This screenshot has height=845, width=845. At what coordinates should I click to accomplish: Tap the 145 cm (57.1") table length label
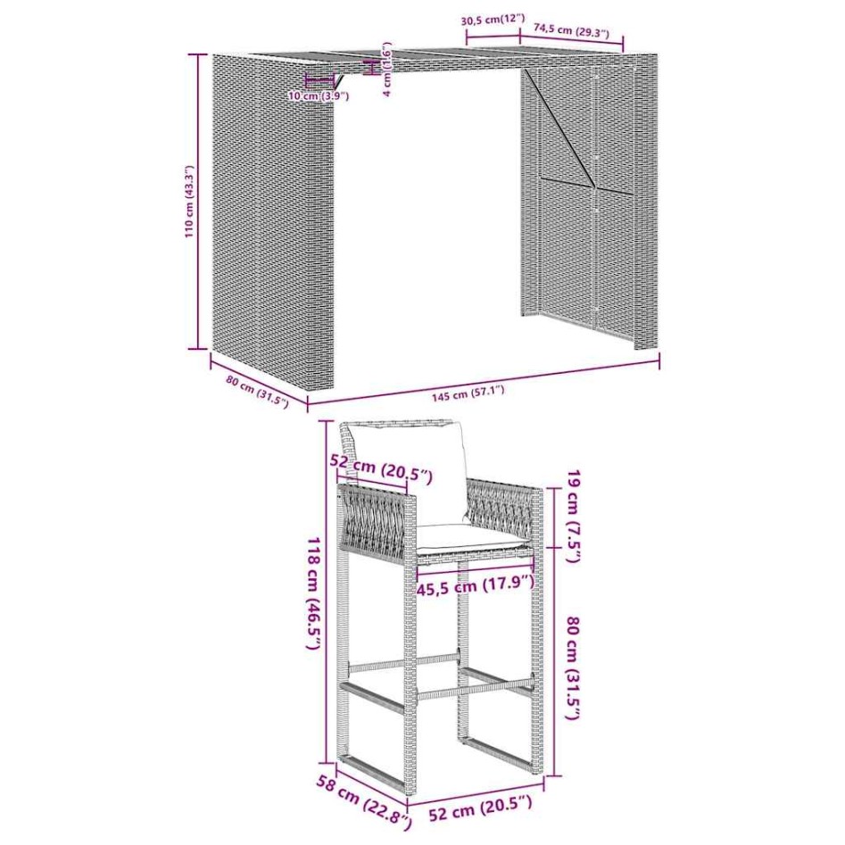[468, 393]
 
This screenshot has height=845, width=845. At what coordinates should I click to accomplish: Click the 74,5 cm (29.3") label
[571, 31]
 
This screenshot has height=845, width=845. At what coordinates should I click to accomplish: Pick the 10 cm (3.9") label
[319, 96]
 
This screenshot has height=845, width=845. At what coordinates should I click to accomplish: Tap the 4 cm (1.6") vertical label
[387, 70]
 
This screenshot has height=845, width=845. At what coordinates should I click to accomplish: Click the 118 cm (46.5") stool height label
[315, 592]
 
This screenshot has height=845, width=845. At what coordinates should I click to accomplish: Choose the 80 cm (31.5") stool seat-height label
[573, 668]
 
